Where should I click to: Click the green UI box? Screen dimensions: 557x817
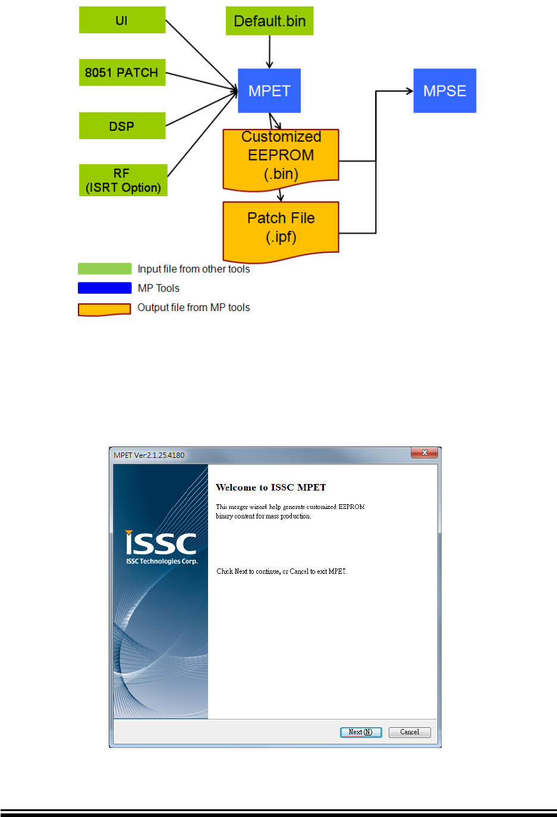click(122, 20)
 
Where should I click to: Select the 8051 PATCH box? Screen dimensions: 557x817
click(122, 73)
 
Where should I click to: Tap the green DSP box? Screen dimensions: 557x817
click(122, 126)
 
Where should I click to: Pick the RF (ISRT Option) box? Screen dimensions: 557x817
click(123, 180)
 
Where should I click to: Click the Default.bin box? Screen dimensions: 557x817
click(269, 21)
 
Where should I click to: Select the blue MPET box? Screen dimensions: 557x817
click(269, 90)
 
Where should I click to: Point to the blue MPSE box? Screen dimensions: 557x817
click(445, 90)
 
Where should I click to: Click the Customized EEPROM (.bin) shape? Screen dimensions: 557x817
click(281, 156)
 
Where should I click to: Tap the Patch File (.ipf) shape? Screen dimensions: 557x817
click(281, 228)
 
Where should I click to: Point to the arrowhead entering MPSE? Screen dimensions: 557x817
click(409, 91)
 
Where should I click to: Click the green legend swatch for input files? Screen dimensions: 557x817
click(105, 269)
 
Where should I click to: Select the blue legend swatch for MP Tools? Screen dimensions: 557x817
click(105, 288)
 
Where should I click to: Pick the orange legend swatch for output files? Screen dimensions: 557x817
click(105, 309)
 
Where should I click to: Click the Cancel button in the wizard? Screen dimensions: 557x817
click(410, 732)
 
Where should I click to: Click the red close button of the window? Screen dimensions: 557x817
click(424, 453)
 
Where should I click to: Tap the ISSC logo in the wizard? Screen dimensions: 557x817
click(161, 543)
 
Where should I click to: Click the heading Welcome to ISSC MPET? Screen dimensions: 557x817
click(270, 488)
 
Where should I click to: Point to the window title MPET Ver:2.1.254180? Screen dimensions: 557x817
click(149, 455)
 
